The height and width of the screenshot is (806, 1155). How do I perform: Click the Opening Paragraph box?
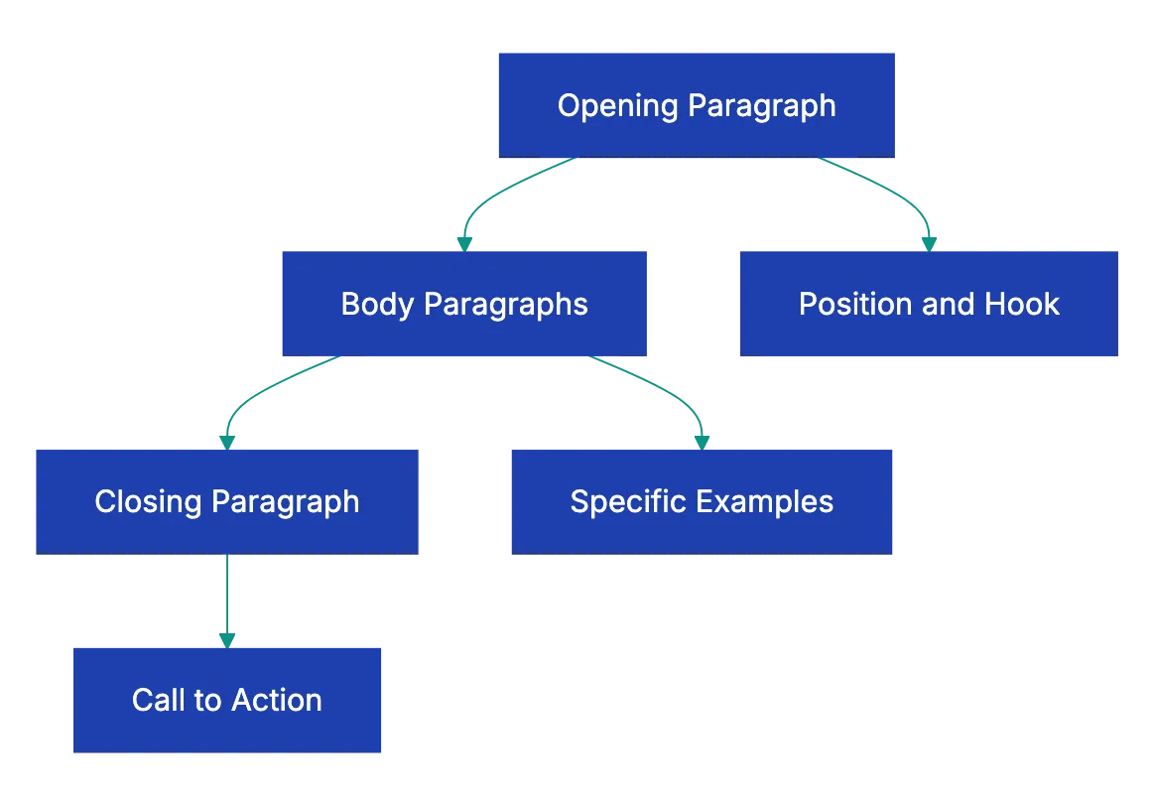coord(695,104)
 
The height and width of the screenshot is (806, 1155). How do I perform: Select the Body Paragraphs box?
coord(463,303)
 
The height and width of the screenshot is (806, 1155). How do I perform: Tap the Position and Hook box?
coord(928,303)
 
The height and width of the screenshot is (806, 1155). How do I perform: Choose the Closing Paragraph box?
coord(226,501)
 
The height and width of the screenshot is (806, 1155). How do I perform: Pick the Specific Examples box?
coord(702,501)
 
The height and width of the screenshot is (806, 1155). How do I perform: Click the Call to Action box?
coord(228,700)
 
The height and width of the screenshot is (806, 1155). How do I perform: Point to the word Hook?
coord(1021,304)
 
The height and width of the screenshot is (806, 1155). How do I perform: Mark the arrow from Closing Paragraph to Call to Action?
coord(226,596)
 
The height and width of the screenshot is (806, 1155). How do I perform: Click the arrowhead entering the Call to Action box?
coord(226,638)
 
